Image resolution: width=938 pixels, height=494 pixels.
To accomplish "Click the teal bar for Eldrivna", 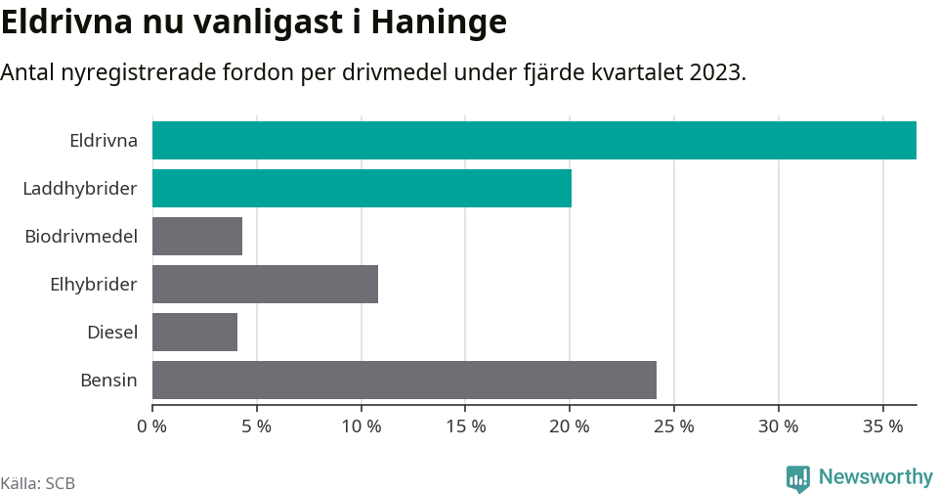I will (533, 140).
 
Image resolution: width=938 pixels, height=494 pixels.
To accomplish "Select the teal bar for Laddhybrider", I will (362, 188).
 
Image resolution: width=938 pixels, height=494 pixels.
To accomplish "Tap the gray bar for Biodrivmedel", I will (197, 236).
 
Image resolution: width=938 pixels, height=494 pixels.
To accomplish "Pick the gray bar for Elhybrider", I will (265, 284).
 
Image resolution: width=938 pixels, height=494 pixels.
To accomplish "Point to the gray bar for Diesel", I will (194, 332).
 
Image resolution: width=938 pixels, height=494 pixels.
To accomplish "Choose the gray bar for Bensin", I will (404, 380).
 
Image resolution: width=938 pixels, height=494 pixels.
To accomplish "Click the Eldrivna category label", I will (104, 140).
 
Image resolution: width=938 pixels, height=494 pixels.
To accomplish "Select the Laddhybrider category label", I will (80, 188).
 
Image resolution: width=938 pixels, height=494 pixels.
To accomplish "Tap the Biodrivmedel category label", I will (81, 236).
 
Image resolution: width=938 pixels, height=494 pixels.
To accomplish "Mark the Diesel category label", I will (112, 332).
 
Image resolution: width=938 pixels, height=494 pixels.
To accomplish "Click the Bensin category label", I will (108, 380).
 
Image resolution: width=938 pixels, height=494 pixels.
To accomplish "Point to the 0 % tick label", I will (152, 427).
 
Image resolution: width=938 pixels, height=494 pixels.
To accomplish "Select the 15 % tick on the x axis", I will (465, 427).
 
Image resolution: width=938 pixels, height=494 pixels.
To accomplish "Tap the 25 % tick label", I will (674, 427).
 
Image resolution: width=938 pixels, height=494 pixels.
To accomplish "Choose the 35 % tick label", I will (883, 427).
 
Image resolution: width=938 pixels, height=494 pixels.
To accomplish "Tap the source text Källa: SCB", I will (38, 483).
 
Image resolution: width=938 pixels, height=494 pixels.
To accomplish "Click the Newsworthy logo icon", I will (798, 478).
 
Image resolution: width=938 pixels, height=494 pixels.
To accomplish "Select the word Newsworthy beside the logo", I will (875, 477).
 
